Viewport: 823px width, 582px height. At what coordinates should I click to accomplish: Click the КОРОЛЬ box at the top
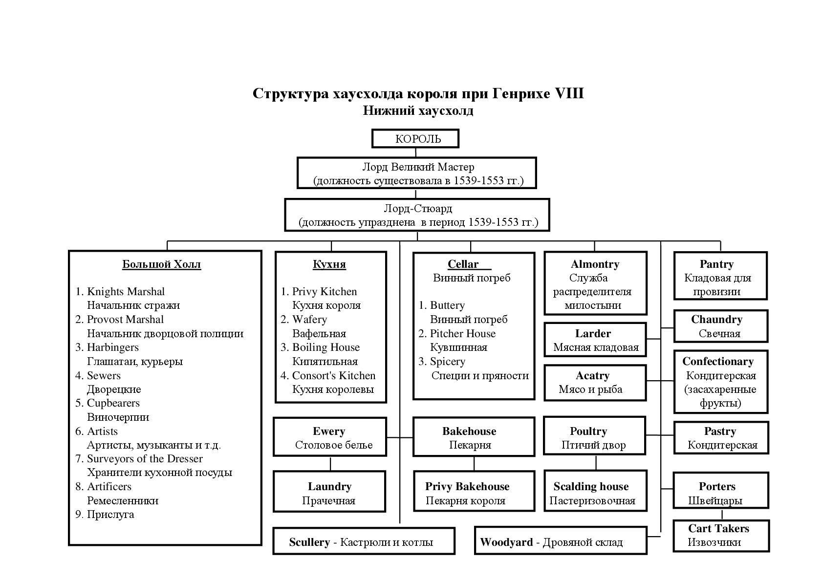tap(415, 138)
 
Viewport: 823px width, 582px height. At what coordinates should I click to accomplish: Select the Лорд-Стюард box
tap(417, 215)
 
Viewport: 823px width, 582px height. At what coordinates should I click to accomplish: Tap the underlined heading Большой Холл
tap(161, 264)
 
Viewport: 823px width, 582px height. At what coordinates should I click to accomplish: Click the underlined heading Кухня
tap(329, 264)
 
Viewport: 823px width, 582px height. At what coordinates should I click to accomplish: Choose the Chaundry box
tap(720, 326)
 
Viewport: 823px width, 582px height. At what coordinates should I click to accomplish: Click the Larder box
tap(595, 340)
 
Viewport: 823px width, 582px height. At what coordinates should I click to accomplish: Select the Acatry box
tap(594, 382)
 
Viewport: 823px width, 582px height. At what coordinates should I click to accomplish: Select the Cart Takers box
tap(720, 535)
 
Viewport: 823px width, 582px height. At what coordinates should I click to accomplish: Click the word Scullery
tap(309, 542)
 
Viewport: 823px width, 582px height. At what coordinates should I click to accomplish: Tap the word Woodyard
tap(506, 542)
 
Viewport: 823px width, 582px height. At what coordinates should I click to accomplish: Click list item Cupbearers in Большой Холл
tap(113, 403)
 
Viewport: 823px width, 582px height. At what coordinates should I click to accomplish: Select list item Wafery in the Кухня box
tap(309, 320)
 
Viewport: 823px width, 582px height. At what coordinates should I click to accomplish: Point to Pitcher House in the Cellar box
tap(462, 334)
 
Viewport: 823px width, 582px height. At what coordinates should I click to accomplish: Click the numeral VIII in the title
tap(569, 93)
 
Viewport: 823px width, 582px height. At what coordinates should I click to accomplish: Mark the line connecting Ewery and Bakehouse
tap(400, 438)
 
